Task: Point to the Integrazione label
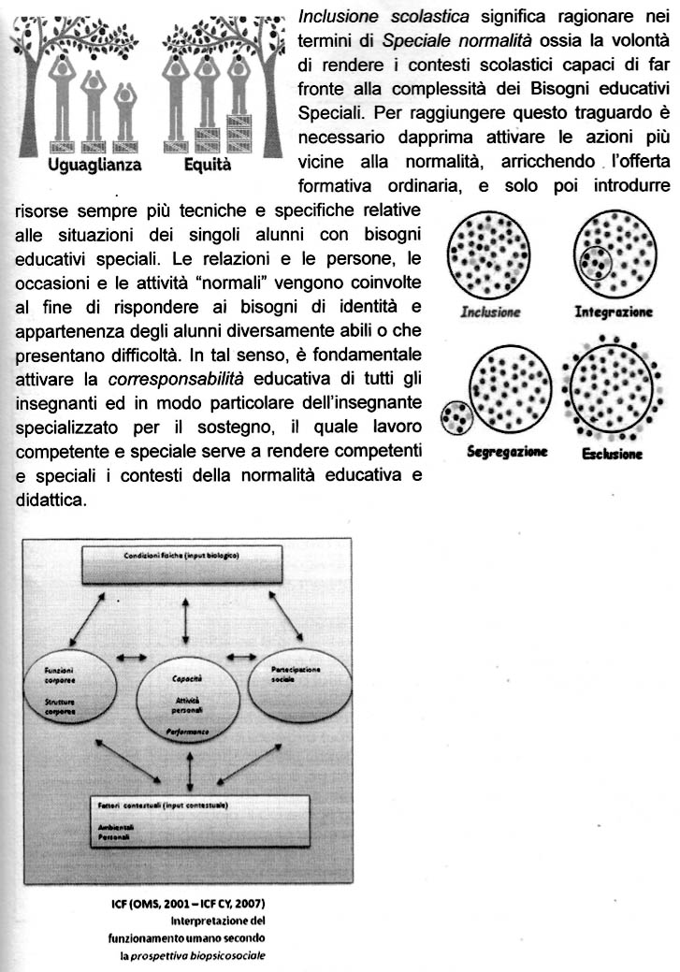click(614, 312)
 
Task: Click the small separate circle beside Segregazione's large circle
click(456, 416)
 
